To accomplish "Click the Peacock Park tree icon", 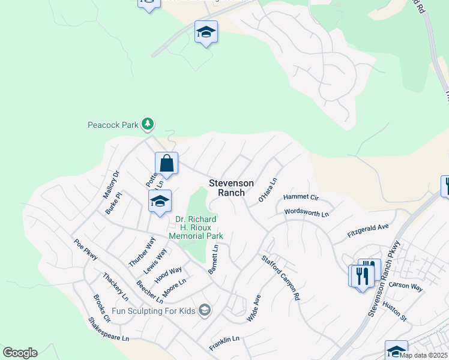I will [x=148, y=125].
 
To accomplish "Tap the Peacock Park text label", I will [x=113, y=125].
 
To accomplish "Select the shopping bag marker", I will [x=166, y=163].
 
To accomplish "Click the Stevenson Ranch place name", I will [x=231, y=188].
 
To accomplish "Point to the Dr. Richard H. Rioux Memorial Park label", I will [x=196, y=227].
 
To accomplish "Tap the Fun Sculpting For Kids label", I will [x=154, y=310].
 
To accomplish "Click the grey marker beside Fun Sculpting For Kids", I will [x=205, y=310].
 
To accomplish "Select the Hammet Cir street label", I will [x=301, y=197].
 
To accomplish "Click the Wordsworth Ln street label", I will [x=307, y=213].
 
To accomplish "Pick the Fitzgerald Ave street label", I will [x=369, y=230].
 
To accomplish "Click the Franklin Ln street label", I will [x=224, y=343].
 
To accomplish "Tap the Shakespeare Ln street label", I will [x=109, y=329].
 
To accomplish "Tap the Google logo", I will [x=20, y=353].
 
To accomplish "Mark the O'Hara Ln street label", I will [x=268, y=190].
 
